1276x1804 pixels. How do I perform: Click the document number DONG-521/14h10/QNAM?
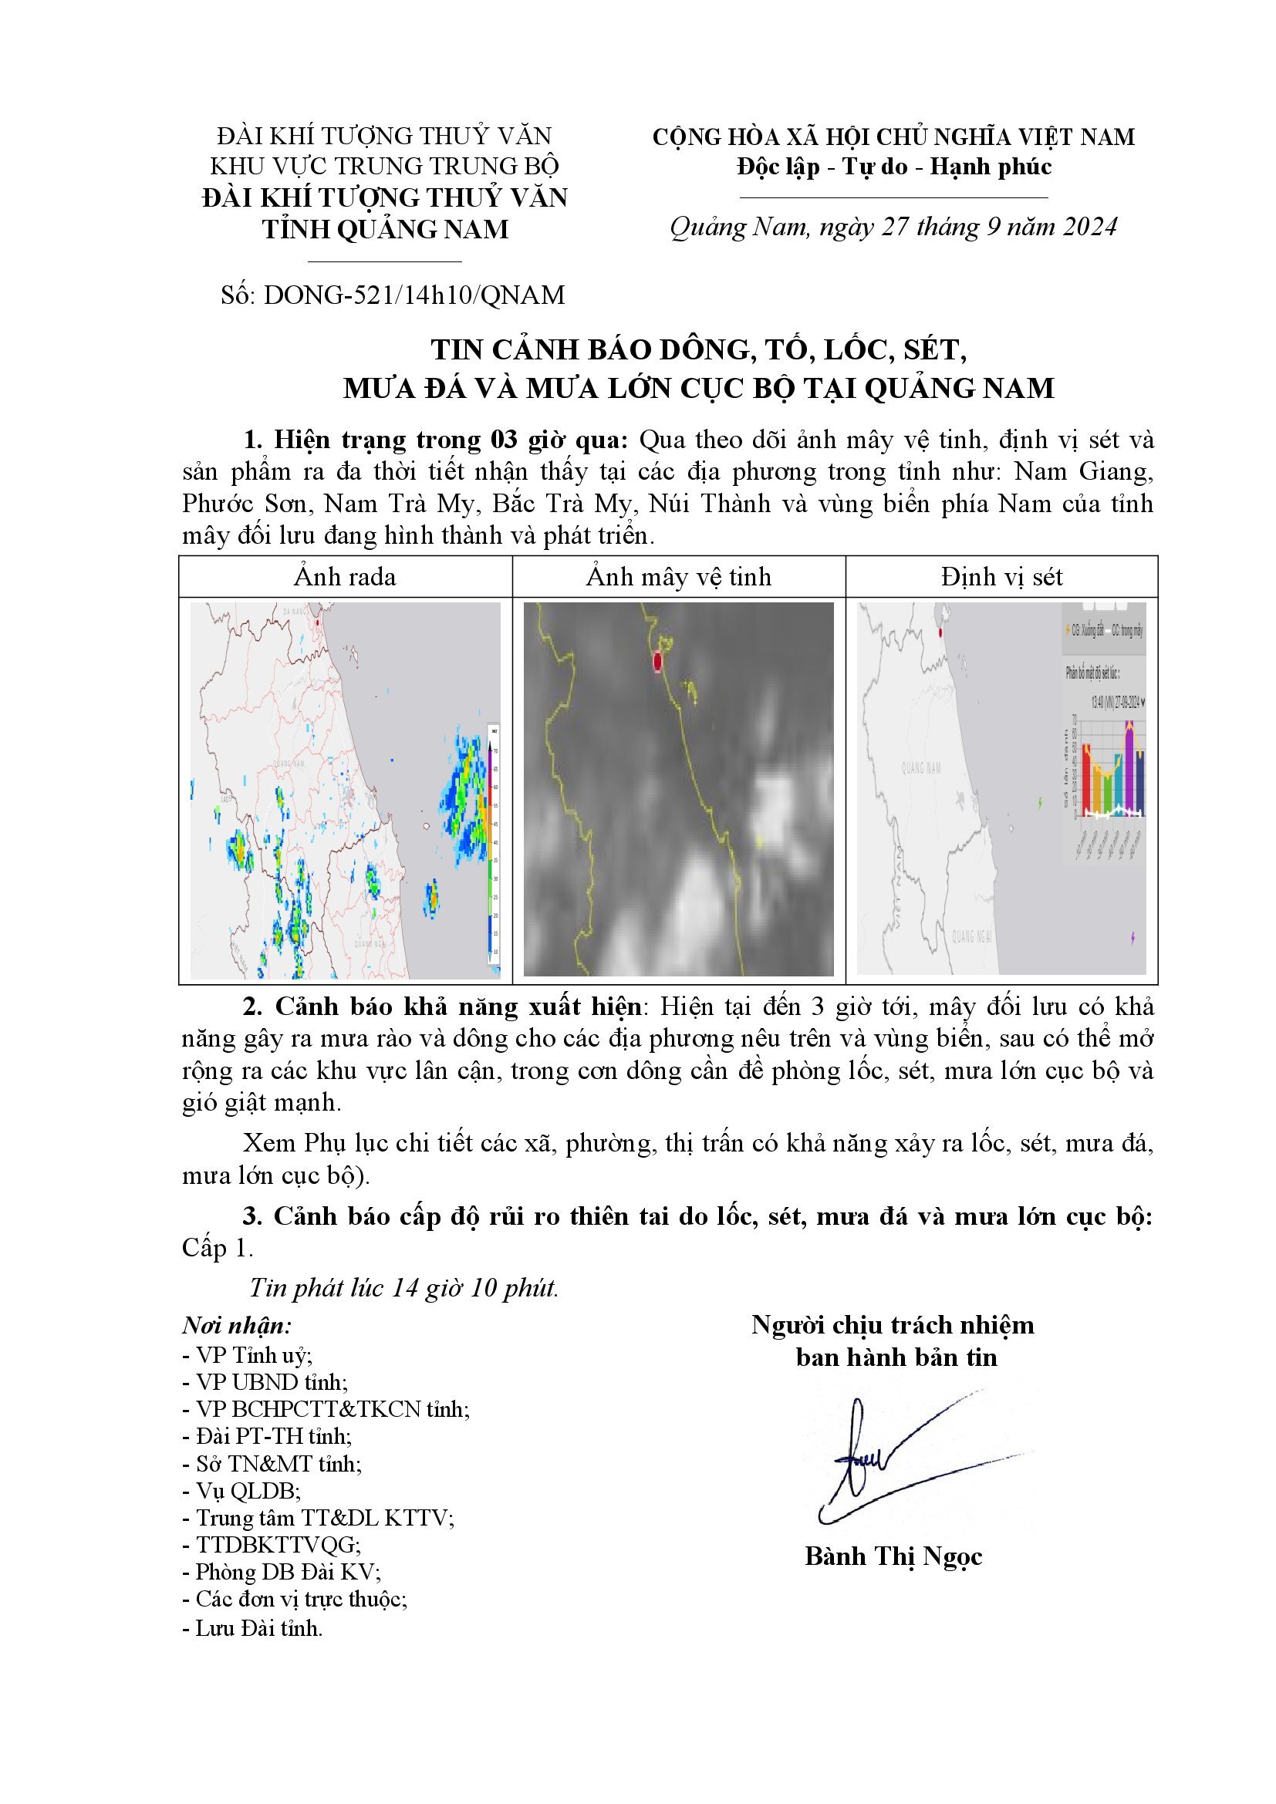[414, 295]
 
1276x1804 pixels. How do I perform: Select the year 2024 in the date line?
[1089, 227]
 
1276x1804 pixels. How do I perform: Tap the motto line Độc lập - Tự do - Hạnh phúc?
[894, 167]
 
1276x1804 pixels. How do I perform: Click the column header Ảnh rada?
[345, 578]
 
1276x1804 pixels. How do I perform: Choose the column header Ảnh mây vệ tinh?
[679, 578]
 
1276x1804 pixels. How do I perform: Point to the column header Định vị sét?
[1002, 578]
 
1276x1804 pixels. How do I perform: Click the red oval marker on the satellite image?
[658, 663]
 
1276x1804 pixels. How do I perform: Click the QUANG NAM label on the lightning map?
[921, 767]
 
